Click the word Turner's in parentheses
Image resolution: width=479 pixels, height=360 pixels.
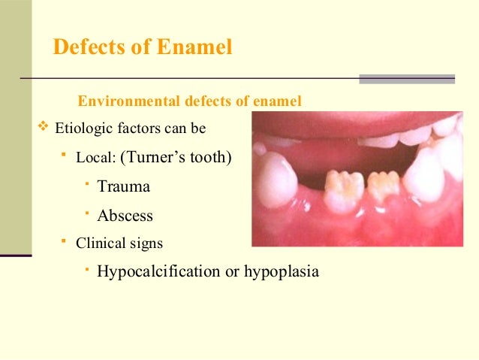click(160, 158)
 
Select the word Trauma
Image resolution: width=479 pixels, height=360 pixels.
click(124, 186)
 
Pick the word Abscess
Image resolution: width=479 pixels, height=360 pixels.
click(125, 216)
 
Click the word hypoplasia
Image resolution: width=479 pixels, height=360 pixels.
click(281, 271)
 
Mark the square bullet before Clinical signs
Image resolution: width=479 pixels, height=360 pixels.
click(65, 241)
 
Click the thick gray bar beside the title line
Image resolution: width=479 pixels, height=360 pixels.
click(407, 78)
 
